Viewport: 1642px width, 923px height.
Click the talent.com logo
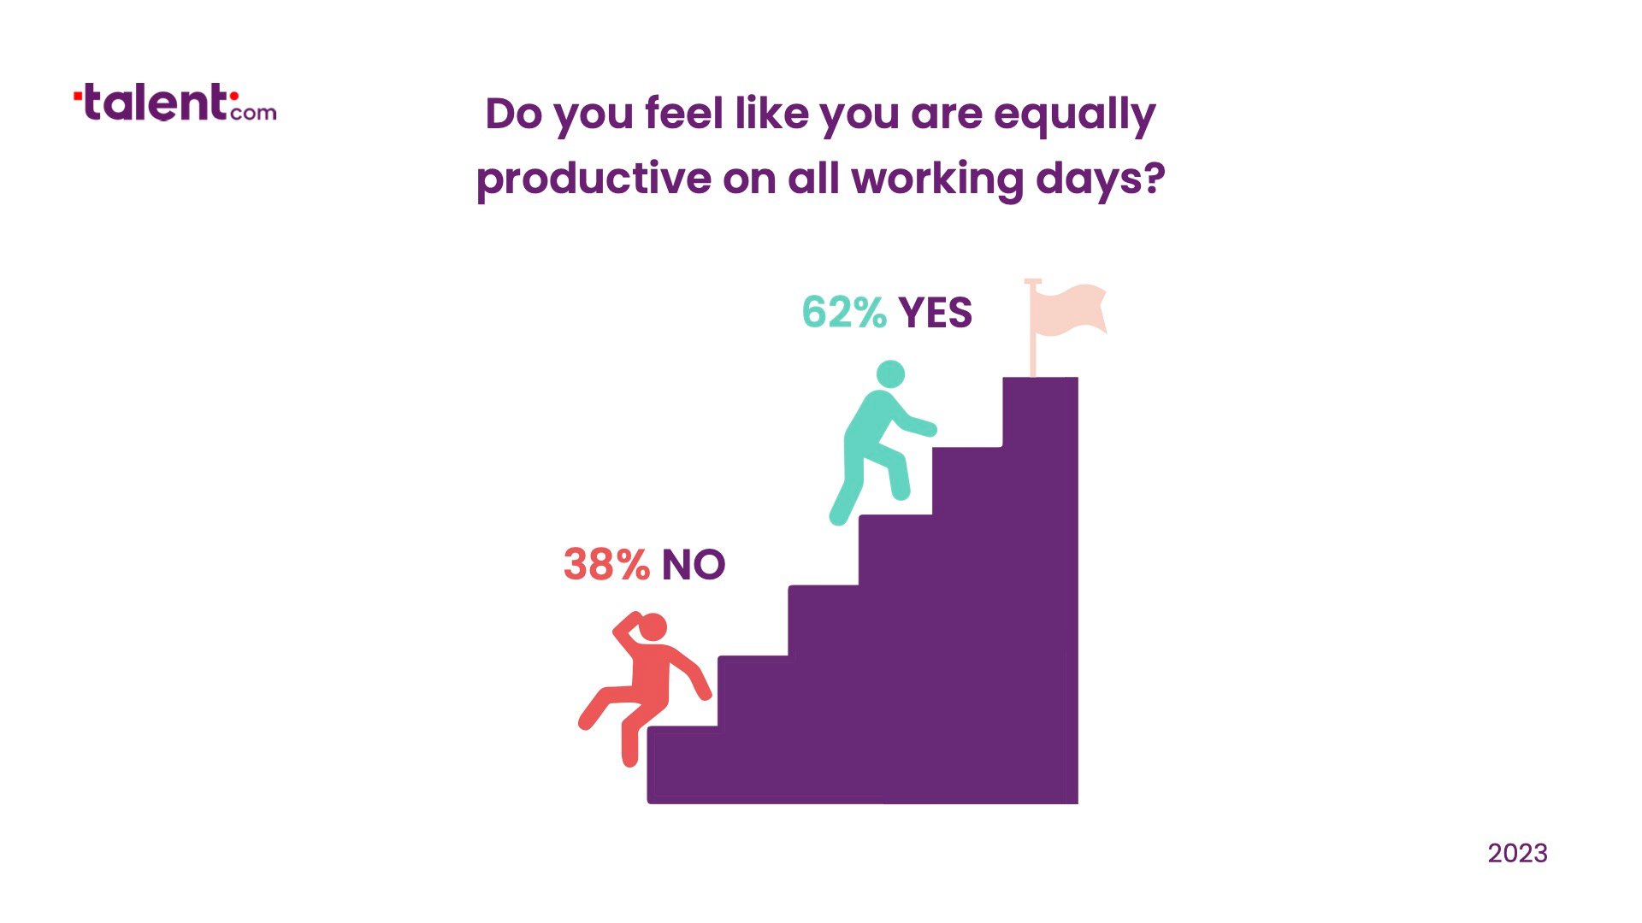pyautogui.click(x=175, y=103)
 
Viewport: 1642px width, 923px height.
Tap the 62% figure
pyautogui.click(x=844, y=312)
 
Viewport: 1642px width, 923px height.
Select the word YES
pyautogui.click(x=936, y=313)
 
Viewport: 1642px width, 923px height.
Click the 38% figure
pyautogui.click(x=606, y=564)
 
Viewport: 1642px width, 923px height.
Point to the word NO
pyautogui.click(x=694, y=565)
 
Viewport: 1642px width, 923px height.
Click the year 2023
pyautogui.click(x=1517, y=853)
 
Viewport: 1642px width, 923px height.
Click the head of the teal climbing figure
pyautogui.click(x=890, y=374)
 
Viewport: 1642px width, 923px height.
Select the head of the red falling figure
pyautogui.click(x=653, y=627)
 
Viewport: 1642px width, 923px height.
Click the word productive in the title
pyautogui.click(x=594, y=179)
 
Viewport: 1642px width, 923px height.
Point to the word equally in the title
pyautogui.click(x=1074, y=115)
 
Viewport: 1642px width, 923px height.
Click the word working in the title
pyautogui.click(x=937, y=179)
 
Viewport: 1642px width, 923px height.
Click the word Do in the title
pyautogui.click(x=513, y=114)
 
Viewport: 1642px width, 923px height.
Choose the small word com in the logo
pyautogui.click(x=253, y=112)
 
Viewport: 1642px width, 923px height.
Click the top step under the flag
pyautogui.click(x=1040, y=410)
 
